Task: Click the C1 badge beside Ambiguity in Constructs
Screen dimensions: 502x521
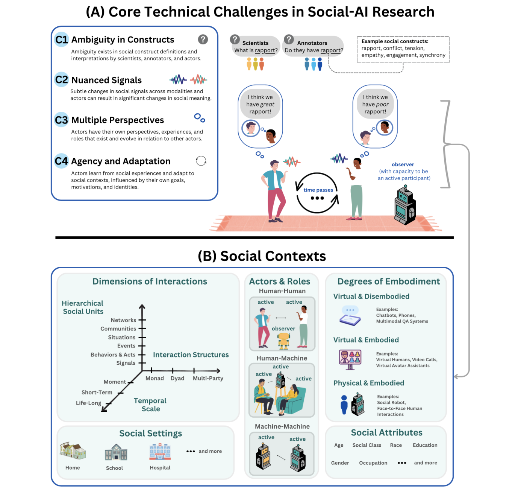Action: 61,40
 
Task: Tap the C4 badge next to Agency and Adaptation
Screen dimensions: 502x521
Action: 61,161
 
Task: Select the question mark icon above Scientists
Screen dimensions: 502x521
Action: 235,39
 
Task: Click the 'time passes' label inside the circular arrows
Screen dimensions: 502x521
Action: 318,190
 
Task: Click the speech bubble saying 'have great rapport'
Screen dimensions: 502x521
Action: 260,104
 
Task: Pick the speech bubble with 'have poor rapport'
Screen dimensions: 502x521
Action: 375,104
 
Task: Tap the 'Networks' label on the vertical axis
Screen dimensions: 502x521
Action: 123,320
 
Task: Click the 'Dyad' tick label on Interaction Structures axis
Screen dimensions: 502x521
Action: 177,378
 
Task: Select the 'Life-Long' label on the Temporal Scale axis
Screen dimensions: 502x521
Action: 88,403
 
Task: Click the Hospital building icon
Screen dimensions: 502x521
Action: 160,452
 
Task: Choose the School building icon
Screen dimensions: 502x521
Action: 116,452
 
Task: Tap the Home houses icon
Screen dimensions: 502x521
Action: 73,450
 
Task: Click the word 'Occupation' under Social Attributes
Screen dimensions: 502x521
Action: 373,463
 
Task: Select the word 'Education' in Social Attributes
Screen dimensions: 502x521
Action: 425,445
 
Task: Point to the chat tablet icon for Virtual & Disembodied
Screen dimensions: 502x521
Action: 350,316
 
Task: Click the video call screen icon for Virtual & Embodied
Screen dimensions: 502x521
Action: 350,359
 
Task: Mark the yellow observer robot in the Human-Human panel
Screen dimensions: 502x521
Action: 283,341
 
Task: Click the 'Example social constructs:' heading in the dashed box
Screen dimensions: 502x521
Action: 395,41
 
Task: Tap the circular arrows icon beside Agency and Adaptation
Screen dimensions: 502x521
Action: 201,161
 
